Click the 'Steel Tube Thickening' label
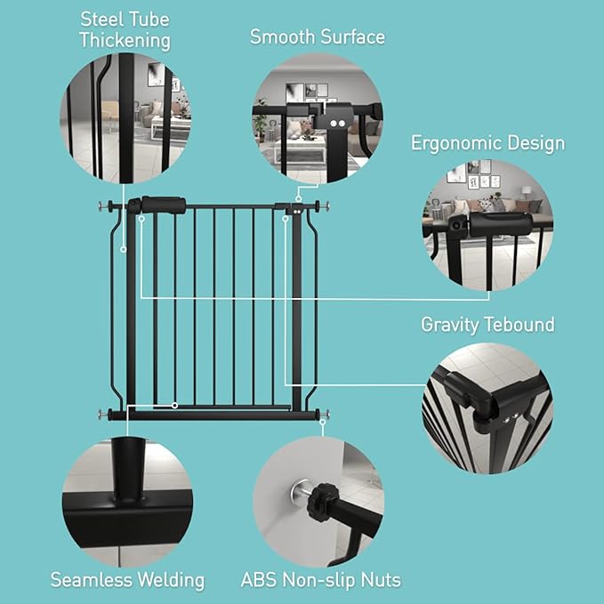125,29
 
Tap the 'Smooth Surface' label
317,36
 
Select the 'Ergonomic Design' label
487,143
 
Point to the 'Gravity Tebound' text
487,325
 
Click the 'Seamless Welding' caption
127,580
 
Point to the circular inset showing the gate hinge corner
488,410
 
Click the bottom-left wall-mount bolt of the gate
103,414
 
